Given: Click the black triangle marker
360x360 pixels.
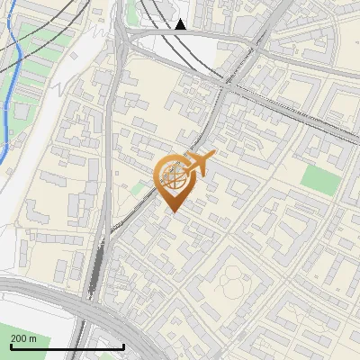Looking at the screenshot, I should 181,24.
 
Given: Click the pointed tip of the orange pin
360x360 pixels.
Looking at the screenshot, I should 172,211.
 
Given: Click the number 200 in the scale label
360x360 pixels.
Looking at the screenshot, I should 19,338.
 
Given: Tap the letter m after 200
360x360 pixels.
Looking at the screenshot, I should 33,338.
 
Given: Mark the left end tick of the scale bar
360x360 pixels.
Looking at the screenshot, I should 11,346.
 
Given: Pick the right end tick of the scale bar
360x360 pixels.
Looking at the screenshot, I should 123,346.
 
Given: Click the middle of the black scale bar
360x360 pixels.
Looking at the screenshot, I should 67,347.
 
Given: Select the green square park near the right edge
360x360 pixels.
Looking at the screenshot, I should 316,177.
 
